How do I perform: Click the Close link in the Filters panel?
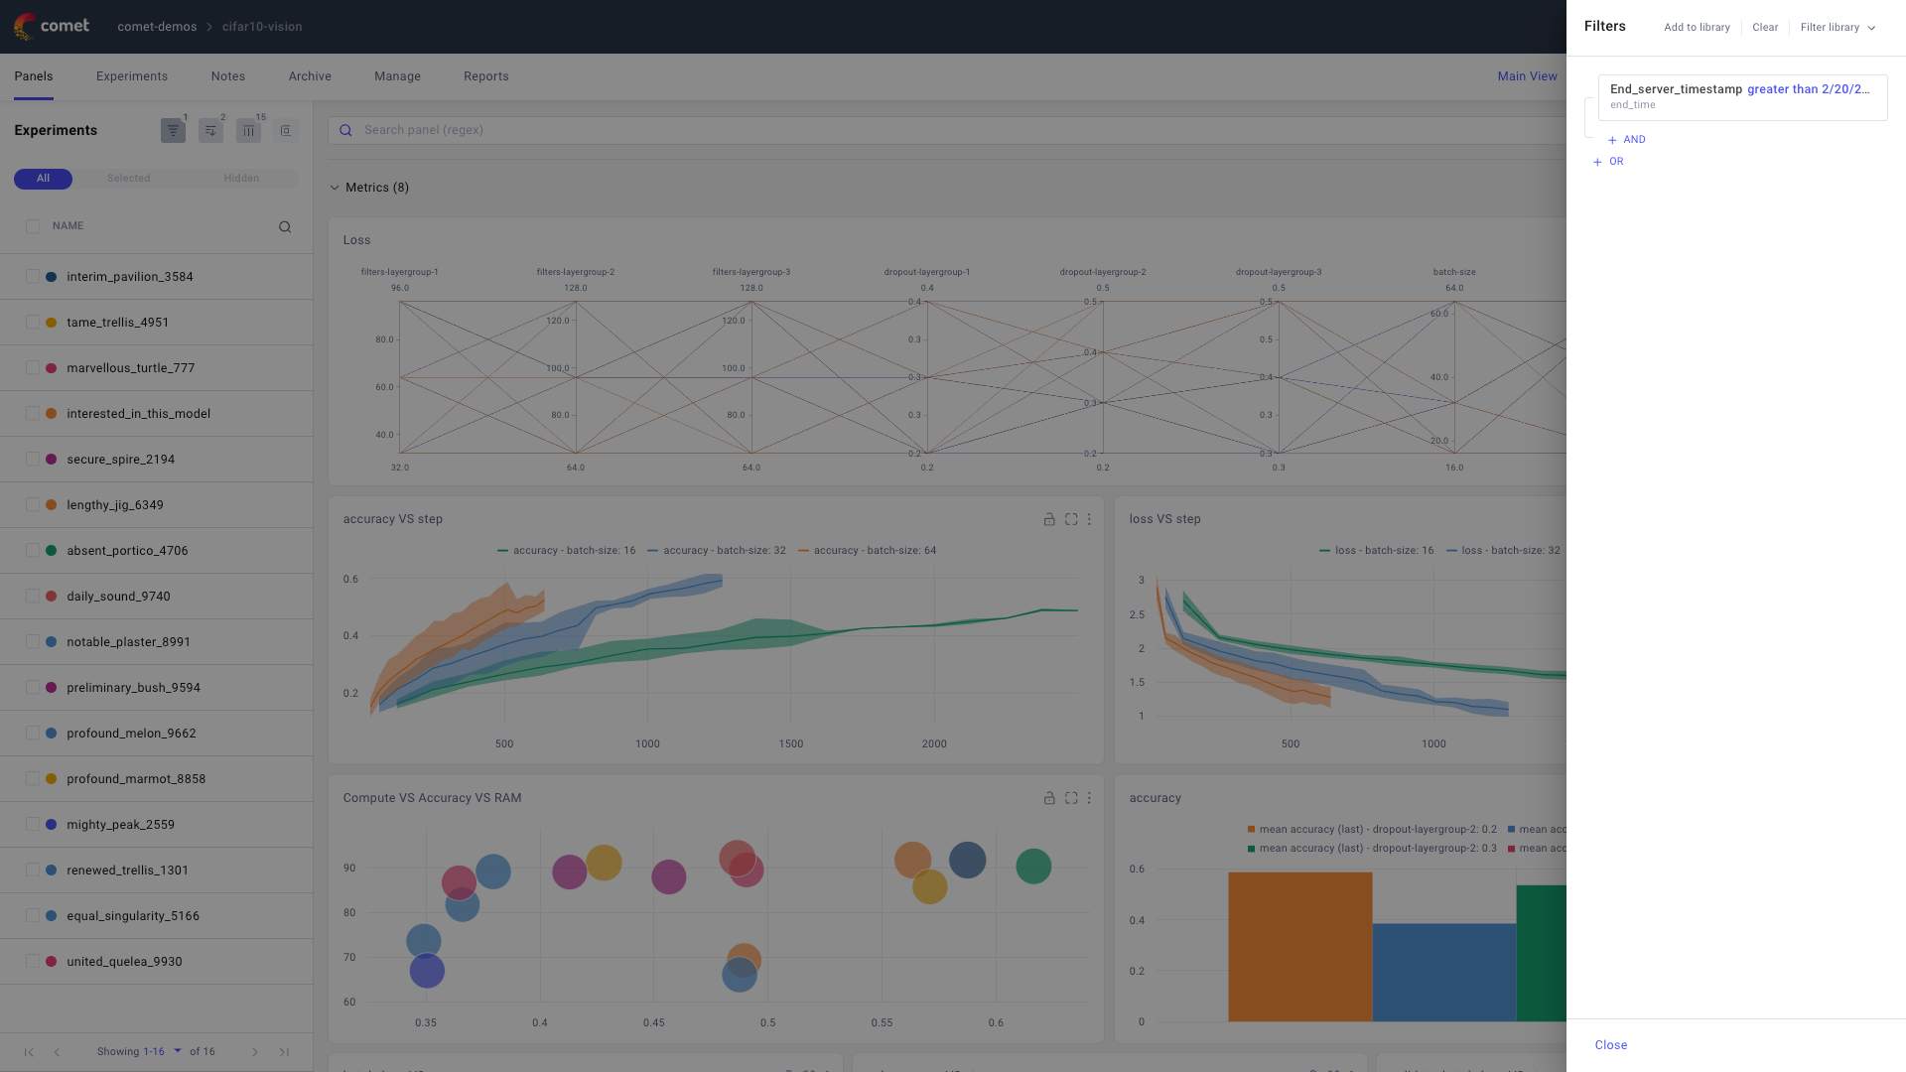(x=1610, y=1045)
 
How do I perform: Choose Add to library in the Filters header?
(x=1697, y=28)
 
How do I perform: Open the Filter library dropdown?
(x=1838, y=28)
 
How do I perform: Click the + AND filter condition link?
(x=1627, y=140)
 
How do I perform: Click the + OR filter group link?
(x=1609, y=162)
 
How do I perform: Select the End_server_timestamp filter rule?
(x=1741, y=96)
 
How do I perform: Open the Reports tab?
(x=485, y=76)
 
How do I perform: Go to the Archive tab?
(x=310, y=76)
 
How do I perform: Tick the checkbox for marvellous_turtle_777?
(x=33, y=368)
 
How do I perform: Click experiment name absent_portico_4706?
(x=127, y=551)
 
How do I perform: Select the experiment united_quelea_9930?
(x=124, y=962)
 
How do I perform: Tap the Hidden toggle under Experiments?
(x=241, y=179)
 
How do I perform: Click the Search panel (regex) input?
(x=893, y=130)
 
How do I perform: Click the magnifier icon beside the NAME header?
(x=285, y=227)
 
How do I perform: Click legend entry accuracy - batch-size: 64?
(x=874, y=551)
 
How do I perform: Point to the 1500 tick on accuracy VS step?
(x=790, y=743)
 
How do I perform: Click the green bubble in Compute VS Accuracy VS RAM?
(x=1033, y=867)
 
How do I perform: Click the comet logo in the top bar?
(x=52, y=26)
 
